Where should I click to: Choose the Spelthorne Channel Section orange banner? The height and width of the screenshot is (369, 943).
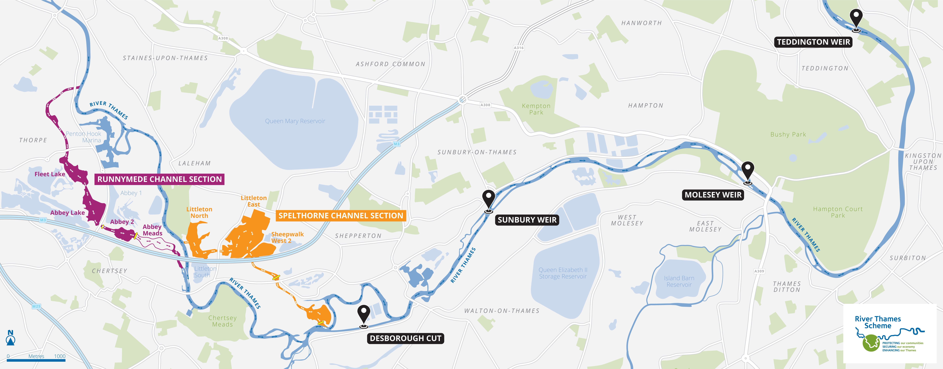pos(341,216)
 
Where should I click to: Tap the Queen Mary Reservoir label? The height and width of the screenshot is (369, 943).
pos(295,121)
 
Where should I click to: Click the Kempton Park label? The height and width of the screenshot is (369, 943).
pos(536,109)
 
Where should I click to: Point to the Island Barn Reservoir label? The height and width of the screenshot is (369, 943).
pos(679,281)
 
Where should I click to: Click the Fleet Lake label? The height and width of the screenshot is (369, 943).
pos(50,174)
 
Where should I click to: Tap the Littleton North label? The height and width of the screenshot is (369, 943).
pos(199,212)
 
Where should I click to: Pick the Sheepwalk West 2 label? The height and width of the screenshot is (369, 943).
pos(287,237)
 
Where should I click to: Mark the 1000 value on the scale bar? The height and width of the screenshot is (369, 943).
pos(60,356)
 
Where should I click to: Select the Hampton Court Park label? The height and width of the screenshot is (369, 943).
pos(838,212)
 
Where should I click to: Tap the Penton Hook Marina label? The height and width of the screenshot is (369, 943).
pos(84,137)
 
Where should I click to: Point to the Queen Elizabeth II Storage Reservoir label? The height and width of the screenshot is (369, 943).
pos(563,273)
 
